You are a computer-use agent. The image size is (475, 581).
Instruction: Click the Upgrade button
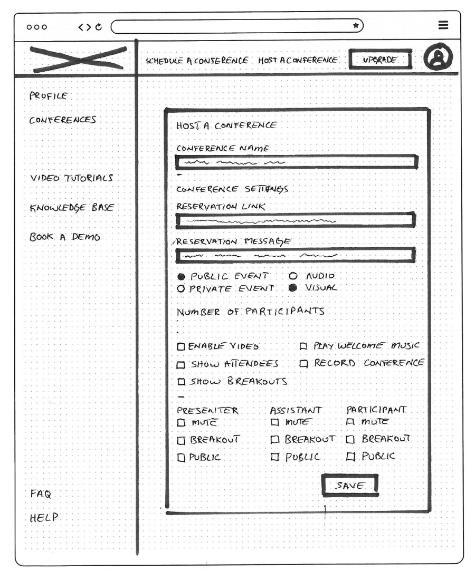tap(379, 60)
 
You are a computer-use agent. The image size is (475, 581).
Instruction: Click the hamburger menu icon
tap(443, 25)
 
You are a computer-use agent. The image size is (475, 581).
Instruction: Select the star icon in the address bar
tap(356, 25)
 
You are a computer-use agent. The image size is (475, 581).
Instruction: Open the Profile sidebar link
tap(49, 96)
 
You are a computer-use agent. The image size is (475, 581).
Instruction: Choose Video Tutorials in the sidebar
tap(71, 178)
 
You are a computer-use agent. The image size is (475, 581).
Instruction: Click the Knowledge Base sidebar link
tap(72, 207)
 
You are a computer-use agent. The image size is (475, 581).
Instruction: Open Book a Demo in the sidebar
tap(65, 237)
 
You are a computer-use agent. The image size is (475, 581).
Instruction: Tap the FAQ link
tap(41, 494)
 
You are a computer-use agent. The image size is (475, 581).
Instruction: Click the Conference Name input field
tap(296, 162)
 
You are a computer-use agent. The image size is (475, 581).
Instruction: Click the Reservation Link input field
tap(295, 221)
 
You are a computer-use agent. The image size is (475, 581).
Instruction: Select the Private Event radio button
tap(180, 288)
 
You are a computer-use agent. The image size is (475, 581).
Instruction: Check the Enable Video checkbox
tap(181, 346)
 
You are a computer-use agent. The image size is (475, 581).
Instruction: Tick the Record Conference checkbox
tap(303, 363)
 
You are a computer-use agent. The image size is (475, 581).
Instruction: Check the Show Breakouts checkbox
tap(181, 381)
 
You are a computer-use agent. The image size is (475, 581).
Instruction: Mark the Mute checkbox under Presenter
tap(181, 422)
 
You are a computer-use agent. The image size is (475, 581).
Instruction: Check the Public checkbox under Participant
tap(349, 457)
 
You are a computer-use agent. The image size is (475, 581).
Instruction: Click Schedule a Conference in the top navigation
tap(197, 61)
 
